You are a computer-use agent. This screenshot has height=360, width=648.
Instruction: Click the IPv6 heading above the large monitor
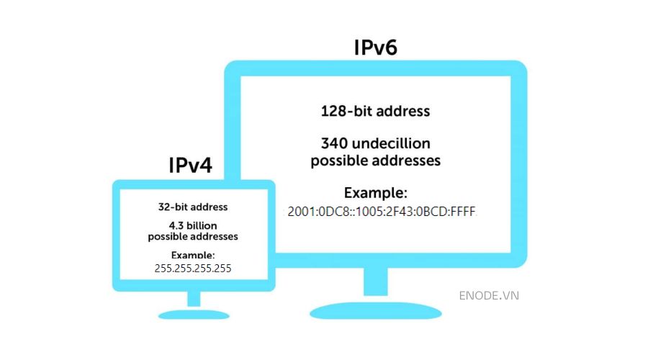pyautogui.click(x=375, y=48)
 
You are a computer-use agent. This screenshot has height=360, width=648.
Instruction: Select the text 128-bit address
pyautogui.click(x=375, y=112)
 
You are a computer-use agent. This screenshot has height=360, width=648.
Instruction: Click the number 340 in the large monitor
pyautogui.click(x=334, y=144)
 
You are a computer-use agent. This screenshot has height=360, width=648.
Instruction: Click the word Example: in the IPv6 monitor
pyautogui.click(x=375, y=193)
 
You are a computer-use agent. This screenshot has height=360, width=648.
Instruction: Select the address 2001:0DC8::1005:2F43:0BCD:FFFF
pyautogui.click(x=382, y=211)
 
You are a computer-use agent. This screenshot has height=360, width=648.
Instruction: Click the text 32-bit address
pyautogui.click(x=193, y=207)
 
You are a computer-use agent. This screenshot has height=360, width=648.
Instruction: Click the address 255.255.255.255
pyautogui.click(x=193, y=267)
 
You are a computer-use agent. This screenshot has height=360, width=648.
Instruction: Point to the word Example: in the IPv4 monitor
pyautogui.click(x=193, y=255)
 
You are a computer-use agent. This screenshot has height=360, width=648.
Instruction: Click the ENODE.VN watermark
pyautogui.click(x=488, y=295)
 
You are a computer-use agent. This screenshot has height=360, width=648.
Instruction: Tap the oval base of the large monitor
pyautogui.click(x=375, y=310)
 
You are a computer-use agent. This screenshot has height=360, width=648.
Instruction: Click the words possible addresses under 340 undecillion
pyautogui.click(x=375, y=161)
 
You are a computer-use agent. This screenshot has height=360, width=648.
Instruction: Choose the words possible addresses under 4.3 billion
pyautogui.click(x=193, y=236)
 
